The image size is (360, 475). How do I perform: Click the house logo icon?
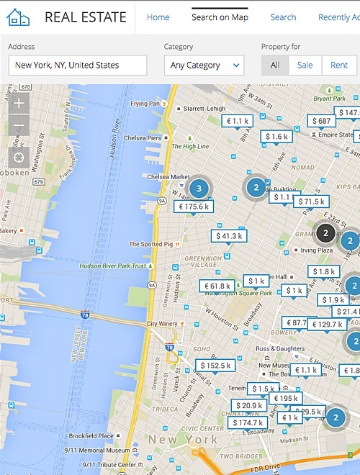tap(18, 17)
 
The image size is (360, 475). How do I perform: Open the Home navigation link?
tap(158, 17)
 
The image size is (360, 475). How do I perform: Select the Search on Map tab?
tap(220, 17)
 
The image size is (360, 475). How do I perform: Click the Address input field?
tap(78, 65)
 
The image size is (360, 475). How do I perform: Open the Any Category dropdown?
tap(204, 65)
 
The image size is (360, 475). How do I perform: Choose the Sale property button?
tap(305, 65)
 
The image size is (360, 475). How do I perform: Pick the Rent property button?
tap(339, 65)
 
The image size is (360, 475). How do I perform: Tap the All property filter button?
tap(275, 65)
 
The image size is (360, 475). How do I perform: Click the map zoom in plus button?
tap(19, 103)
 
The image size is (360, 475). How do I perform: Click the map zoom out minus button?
tap(19, 127)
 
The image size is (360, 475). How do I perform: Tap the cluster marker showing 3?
tap(199, 189)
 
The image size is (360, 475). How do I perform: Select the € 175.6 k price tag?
tap(194, 207)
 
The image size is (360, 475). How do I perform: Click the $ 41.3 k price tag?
tap(230, 235)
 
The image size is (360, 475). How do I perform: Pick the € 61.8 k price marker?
tap(217, 286)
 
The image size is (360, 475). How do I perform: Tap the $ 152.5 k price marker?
tap(216, 366)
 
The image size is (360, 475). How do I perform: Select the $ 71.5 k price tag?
tap(311, 202)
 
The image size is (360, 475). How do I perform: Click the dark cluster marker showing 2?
tap(325, 233)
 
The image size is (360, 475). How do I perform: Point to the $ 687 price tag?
tap(322, 121)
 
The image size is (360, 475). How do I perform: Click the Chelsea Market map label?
tap(168, 177)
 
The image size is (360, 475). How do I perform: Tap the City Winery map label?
tap(162, 324)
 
